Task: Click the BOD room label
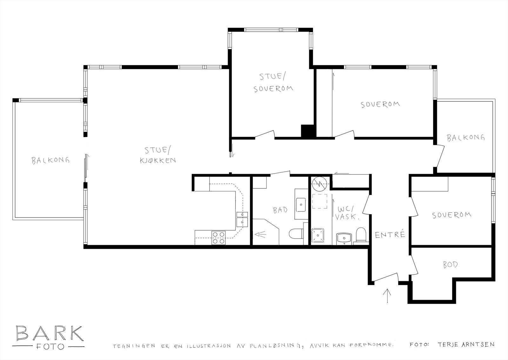(450, 265)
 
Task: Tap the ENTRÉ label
(390, 235)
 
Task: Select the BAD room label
(280, 210)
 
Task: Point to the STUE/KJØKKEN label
(158, 155)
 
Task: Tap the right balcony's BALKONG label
(466, 138)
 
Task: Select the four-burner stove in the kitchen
(218, 238)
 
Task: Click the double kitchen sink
(242, 219)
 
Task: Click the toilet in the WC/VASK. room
(361, 235)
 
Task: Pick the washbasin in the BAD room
(300, 204)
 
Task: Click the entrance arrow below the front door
(387, 296)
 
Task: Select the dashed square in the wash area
(319, 201)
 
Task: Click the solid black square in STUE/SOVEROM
(307, 131)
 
